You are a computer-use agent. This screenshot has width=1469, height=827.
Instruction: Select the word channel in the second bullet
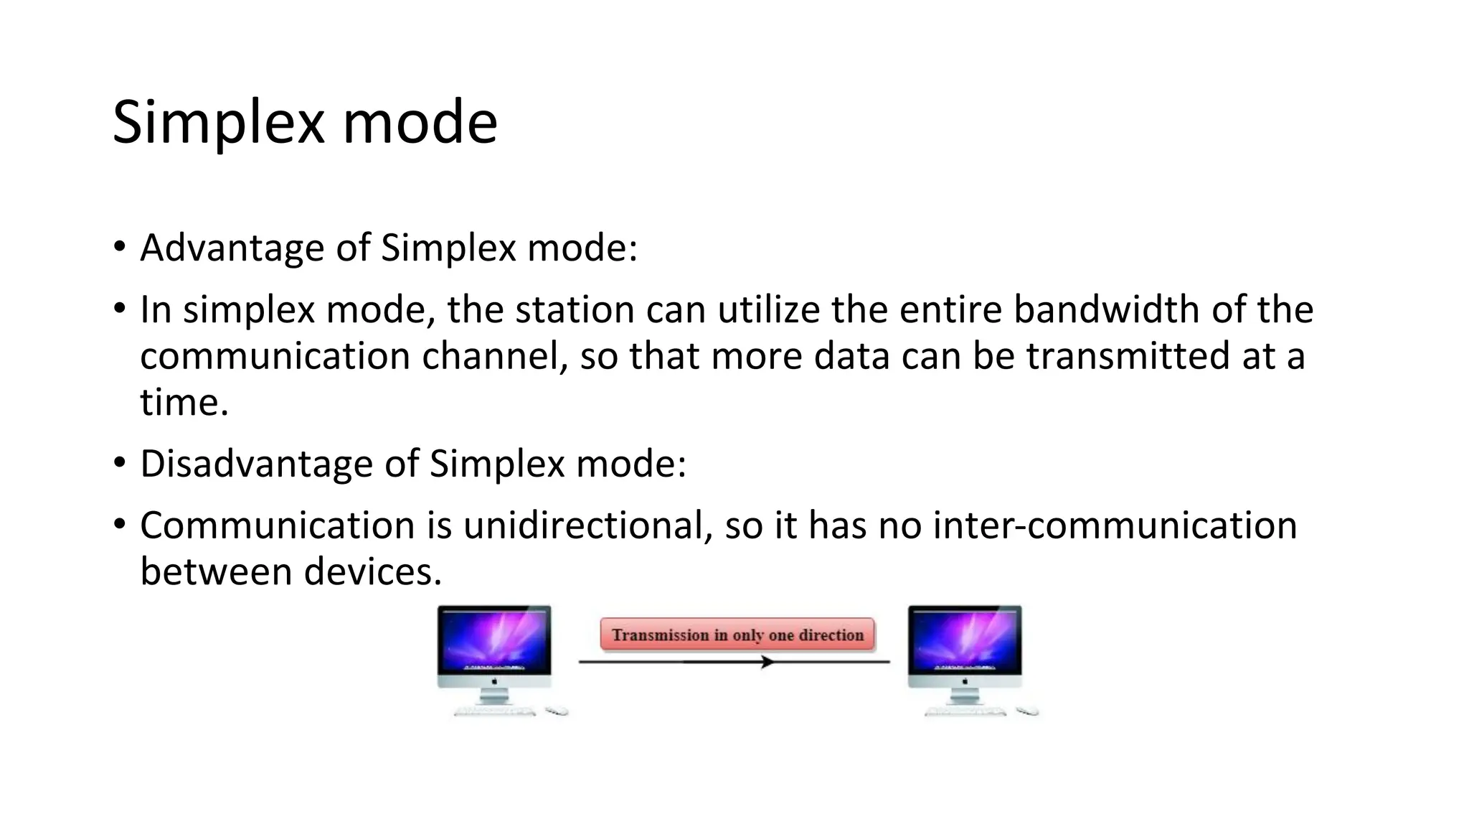pos(494,357)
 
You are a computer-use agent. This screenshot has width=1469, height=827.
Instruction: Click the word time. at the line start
pos(184,402)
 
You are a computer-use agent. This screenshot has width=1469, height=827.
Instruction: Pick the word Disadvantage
pos(255,464)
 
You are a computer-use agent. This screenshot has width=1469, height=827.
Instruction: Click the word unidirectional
pos(587,525)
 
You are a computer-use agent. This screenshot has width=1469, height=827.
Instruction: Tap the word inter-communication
pos(1115,525)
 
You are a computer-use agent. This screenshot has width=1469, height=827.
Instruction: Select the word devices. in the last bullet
pos(372,572)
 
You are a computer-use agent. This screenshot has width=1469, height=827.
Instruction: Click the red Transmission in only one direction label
pos(737,635)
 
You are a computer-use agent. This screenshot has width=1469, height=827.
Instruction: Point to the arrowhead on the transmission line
pos(767,662)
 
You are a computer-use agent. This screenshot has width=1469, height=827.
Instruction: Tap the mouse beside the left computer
pos(557,711)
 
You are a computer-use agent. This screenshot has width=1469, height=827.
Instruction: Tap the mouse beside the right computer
pos(1027,711)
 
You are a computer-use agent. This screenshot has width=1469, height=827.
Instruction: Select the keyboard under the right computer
pos(964,711)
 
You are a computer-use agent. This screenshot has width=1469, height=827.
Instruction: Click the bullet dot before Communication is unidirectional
pos(119,524)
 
